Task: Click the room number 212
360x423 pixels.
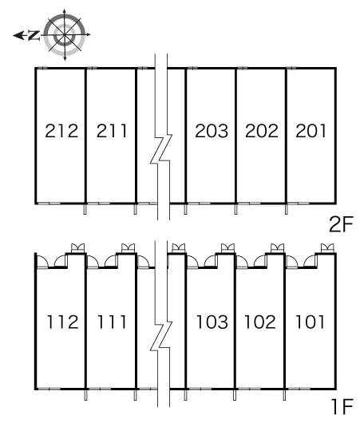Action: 61,131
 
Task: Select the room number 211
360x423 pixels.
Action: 112,131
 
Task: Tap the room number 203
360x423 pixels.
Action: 212,131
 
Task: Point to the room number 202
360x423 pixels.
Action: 262,131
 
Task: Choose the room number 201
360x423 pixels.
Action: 311,131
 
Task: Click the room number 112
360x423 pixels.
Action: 63,322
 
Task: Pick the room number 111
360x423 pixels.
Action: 112,322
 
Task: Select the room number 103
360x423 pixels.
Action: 212,322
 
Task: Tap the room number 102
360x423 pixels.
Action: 260,322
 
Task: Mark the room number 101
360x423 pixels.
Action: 310,322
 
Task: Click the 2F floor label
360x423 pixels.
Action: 341,224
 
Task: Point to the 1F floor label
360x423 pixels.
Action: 342,406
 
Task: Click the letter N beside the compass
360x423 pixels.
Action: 34,35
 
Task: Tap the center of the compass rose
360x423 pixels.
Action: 65,35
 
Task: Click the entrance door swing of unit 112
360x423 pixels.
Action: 42,262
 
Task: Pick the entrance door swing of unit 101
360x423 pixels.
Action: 292,262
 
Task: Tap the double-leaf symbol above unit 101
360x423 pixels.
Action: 327,247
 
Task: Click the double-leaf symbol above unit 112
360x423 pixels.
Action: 77,247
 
